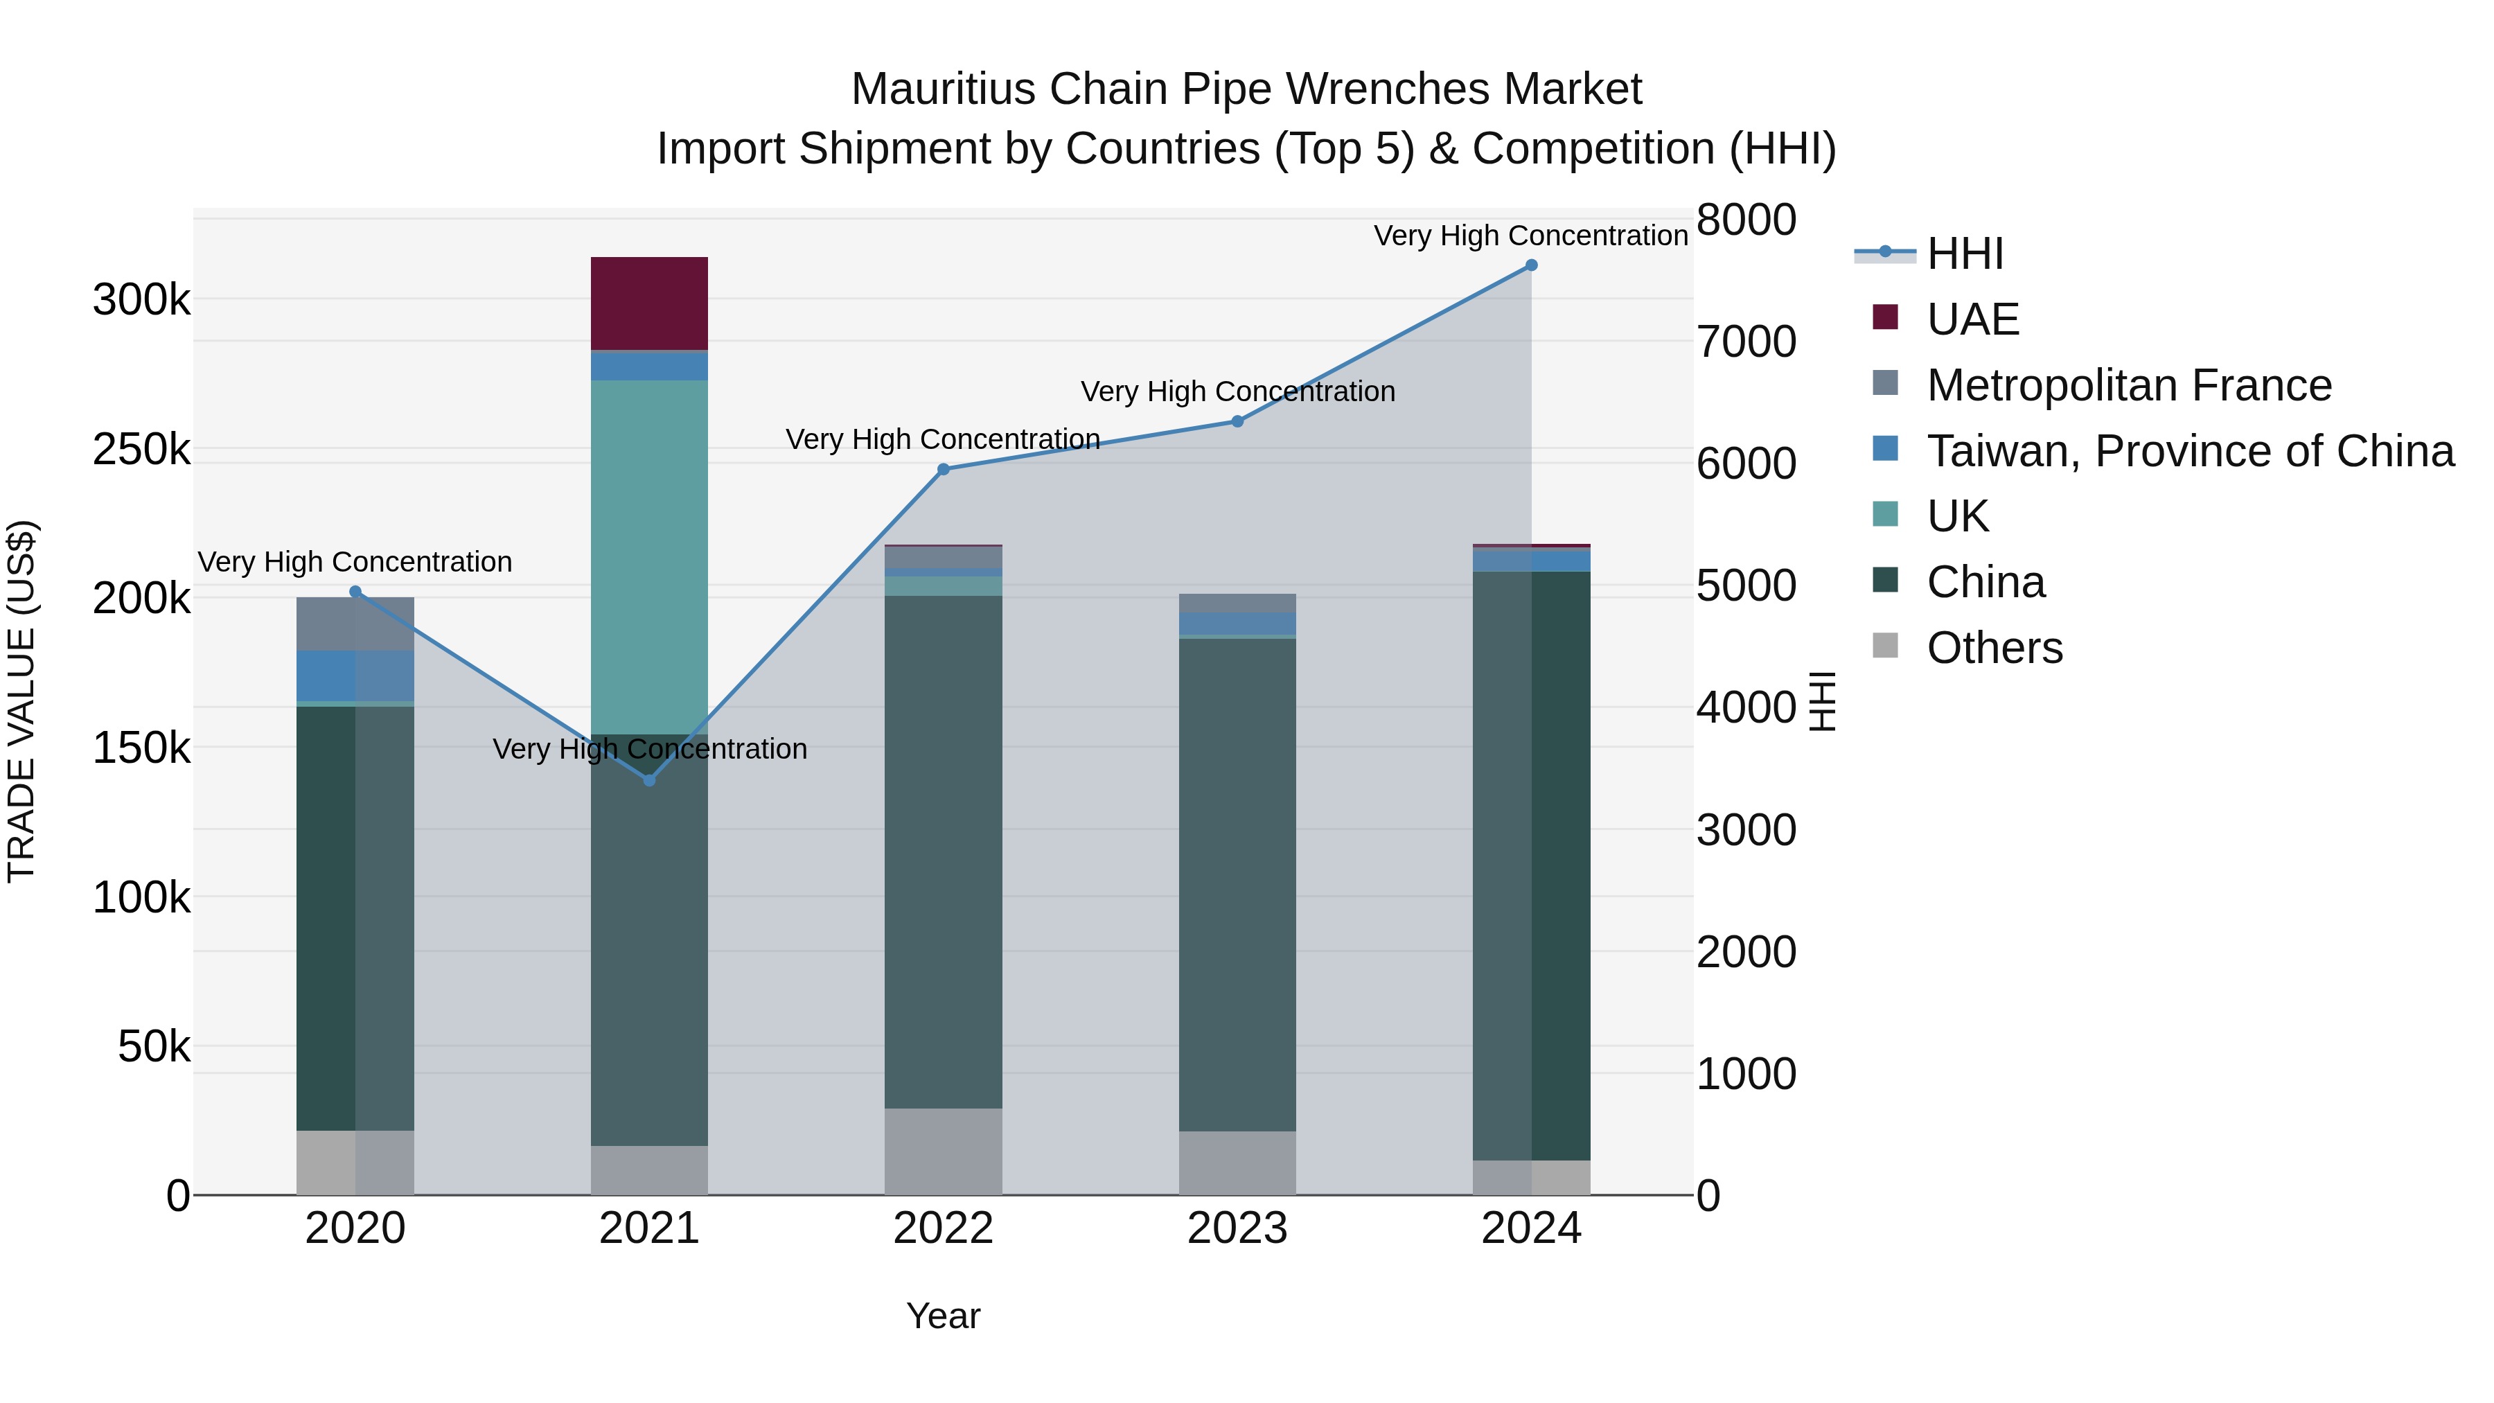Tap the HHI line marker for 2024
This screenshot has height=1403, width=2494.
(x=1530, y=265)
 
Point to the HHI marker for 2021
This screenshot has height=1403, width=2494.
(x=650, y=780)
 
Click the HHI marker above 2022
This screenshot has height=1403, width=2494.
(x=943, y=470)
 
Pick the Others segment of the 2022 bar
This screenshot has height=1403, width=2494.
(x=943, y=1151)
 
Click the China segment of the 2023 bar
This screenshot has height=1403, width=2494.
(x=1237, y=884)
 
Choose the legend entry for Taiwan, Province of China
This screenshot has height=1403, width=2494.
(x=2190, y=451)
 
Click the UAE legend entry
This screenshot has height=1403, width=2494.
(x=1972, y=319)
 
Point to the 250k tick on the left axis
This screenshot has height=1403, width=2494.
(x=141, y=449)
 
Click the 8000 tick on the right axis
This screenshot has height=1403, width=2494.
(x=1746, y=220)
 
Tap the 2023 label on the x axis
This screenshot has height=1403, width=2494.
(x=1237, y=1228)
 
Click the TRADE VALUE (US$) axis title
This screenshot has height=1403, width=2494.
(x=21, y=701)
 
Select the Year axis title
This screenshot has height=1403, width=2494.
(x=942, y=1316)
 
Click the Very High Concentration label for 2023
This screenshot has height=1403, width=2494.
(x=1237, y=391)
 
